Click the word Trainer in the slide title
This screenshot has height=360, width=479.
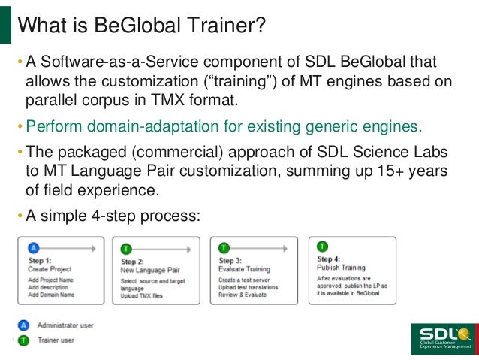(x=224, y=27)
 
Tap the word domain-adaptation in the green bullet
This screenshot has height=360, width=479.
(x=153, y=124)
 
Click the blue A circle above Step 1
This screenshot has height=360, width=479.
(x=32, y=246)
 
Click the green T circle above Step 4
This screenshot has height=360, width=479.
(x=323, y=246)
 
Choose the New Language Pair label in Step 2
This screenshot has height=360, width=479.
(x=150, y=270)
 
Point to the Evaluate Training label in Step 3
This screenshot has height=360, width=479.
(x=244, y=268)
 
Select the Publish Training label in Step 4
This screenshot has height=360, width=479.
(x=342, y=268)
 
